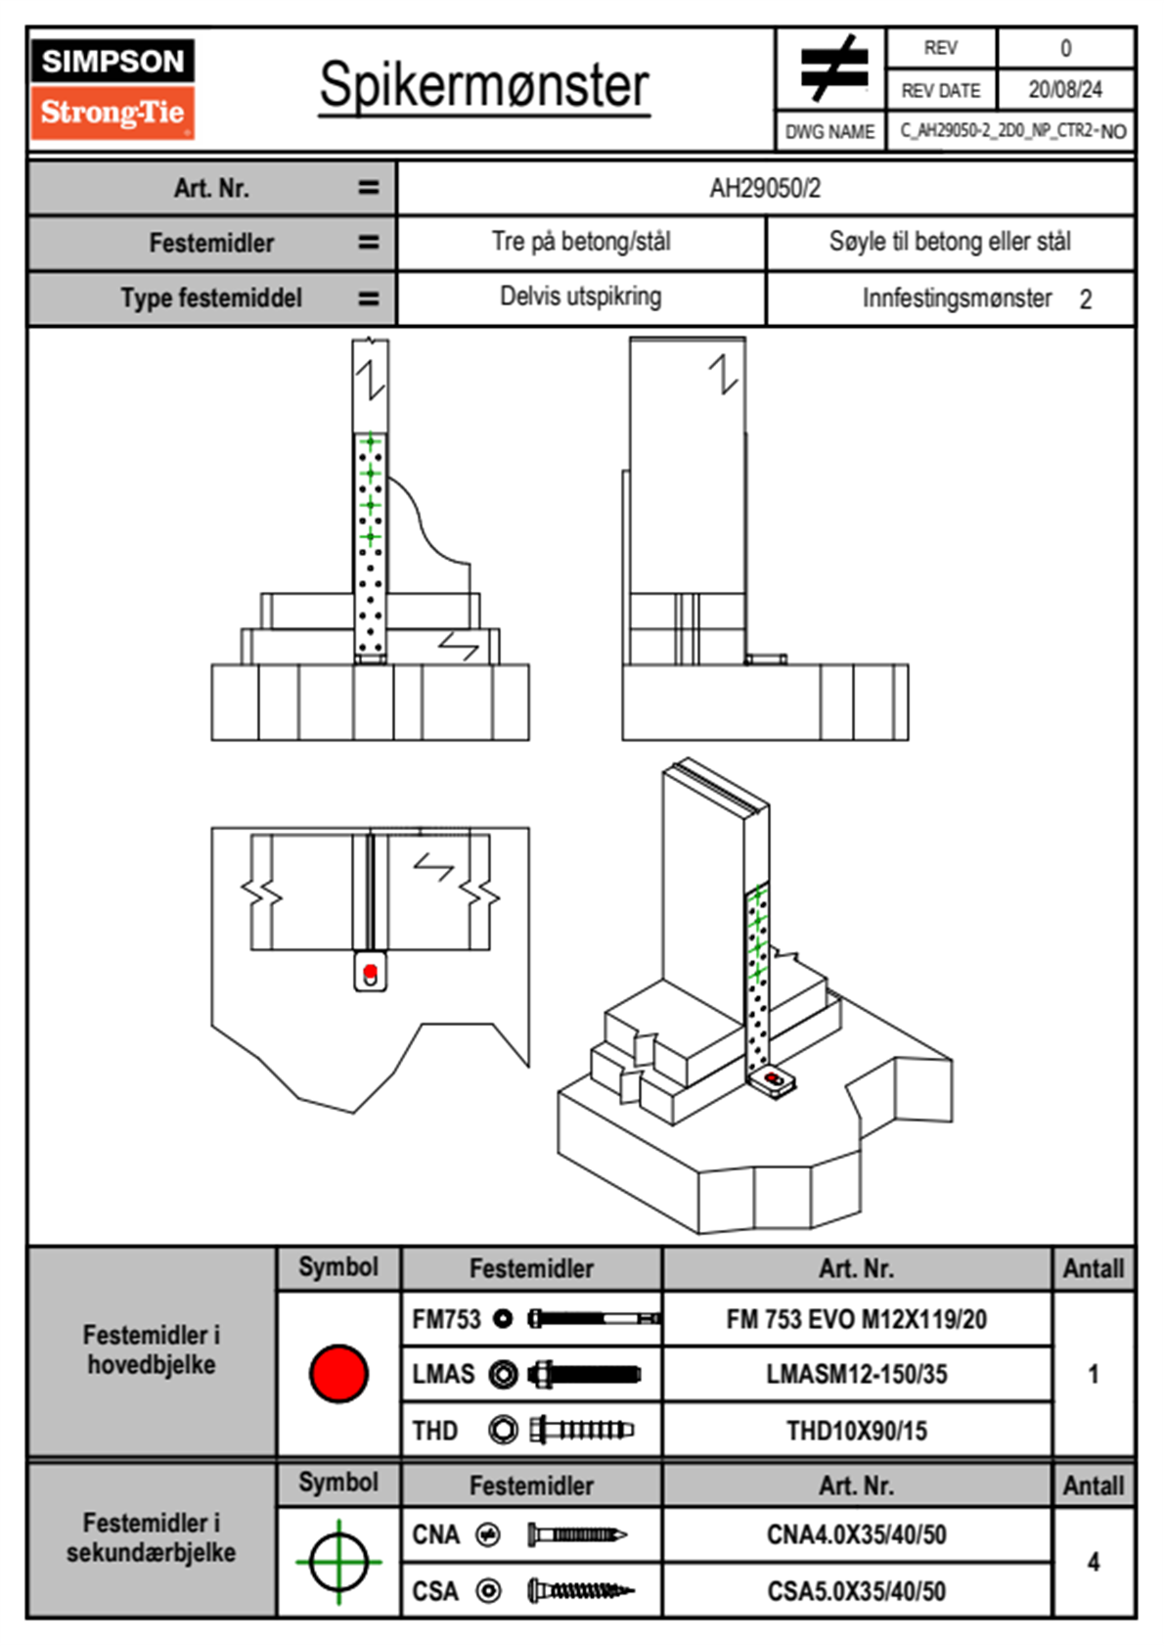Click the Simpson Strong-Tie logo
(112, 89)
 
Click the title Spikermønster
(483, 85)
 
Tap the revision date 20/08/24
(1064, 90)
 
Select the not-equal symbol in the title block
(832, 69)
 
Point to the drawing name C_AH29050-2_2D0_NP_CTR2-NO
(1012, 131)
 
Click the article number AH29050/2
(765, 188)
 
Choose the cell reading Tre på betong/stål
(581, 242)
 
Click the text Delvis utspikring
(581, 297)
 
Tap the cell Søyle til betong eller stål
(950, 242)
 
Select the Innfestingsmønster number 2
(1085, 299)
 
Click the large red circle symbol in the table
(338, 1373)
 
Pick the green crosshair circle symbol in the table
(338, 1562)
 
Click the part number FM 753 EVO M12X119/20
(856, 1319)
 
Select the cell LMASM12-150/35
(856, 1374)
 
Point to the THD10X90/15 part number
(856, 1431)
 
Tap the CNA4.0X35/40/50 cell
(856, 1534)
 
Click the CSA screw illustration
(580, 1591)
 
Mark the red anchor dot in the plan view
(371, 972)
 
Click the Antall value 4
(1093, 1562)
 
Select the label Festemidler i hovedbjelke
(152, 1349)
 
